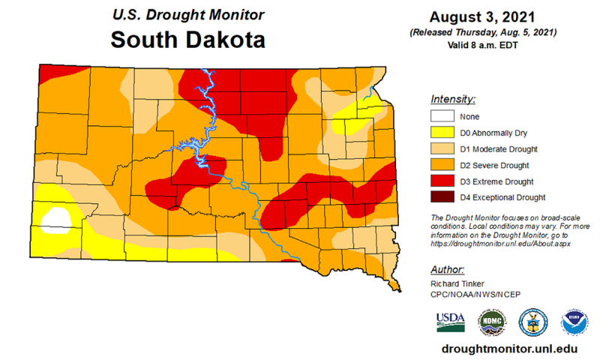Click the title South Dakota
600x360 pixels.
pyautogui.click(x=187, y=39)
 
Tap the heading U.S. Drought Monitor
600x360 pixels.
pyautogui.click(x=187, y=13)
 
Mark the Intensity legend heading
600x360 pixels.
pyautogui.click(x=453, y=99)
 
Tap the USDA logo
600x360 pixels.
pyautogui.click(x=450, y=321)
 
